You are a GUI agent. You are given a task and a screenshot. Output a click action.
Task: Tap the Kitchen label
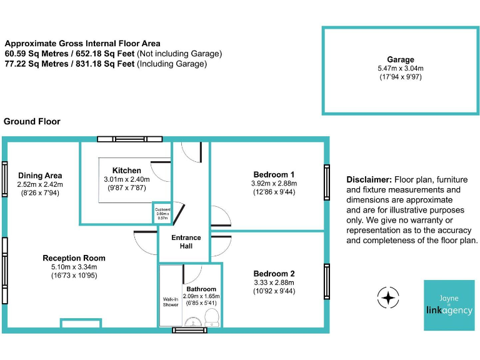(x=126, y=170)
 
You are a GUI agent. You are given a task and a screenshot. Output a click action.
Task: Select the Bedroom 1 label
(x=274, y=174)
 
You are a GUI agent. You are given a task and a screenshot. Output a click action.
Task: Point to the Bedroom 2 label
(x=274, y=273)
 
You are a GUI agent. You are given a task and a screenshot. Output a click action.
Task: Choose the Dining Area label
(x=40, y=175)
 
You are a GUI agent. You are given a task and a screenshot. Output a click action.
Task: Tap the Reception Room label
(x=74, y=257)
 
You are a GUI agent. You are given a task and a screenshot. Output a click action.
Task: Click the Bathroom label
(x=201, y=289)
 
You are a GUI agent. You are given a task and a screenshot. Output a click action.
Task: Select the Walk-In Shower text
(x=171, y=302)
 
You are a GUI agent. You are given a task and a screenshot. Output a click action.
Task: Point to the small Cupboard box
(x=162, y=213)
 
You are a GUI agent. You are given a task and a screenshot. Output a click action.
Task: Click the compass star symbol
(x=388, y=297)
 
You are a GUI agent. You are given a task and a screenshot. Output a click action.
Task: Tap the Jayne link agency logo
(x=449, y=305)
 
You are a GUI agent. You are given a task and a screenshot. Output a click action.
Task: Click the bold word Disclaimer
(x=369, y=179)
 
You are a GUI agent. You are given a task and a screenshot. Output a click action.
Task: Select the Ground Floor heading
(x=32, y=121)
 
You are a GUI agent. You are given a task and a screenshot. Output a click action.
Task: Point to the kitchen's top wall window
(x=129, y=139)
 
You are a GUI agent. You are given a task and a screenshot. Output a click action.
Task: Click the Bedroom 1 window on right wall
(x=326, y=182)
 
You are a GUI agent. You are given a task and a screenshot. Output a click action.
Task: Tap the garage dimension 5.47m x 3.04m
(x=400, y=68)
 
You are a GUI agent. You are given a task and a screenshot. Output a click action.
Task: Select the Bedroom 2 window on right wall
(x=326, y=281)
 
